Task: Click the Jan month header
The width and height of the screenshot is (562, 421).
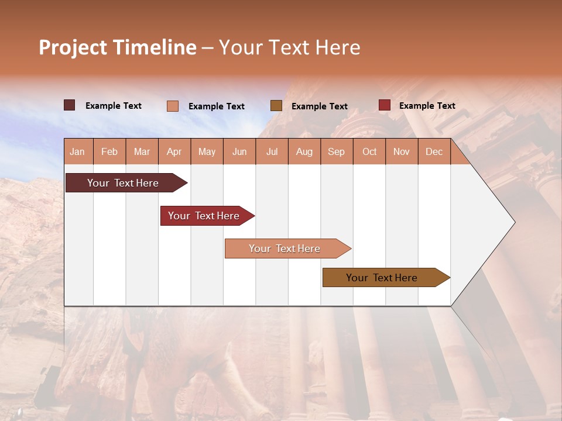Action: click(x=78, y=151)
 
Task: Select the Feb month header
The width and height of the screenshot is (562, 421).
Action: click(x=109, y=151)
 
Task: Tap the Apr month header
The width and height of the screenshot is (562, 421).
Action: click(x=174, y=151)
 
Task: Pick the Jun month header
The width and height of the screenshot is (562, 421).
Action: click(x=239, y=151)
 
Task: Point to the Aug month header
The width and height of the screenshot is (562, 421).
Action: click(x=304, y=151)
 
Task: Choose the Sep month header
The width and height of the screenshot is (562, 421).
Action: click(x=337, y=151)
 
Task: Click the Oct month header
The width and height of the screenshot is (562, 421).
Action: click(x=369, y=151)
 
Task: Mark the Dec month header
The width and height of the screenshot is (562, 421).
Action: click(x=434, y=151)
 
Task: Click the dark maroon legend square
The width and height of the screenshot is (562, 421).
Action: click(x=69, y=105)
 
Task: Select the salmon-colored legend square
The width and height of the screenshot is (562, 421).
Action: click(x=173, y=106)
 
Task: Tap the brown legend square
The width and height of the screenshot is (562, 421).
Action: click(x=276, y=105)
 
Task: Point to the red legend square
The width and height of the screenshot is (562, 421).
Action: click(x=385, y=105)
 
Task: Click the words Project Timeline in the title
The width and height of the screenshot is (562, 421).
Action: click(x=118, y=47)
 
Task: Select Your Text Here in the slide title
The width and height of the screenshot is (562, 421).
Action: click(x=290, y=47)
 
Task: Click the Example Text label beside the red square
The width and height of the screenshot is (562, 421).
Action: click(x=427, y=105)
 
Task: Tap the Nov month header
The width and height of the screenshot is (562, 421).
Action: click(x=402, y=151)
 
